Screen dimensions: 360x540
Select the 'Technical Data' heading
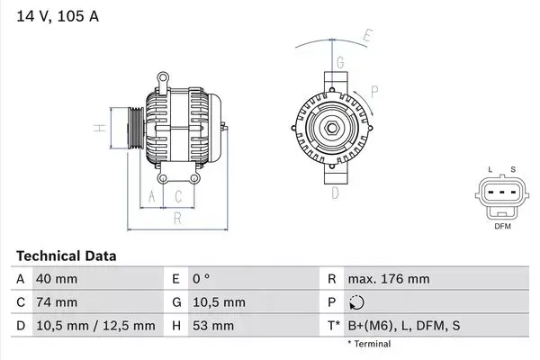[x=67, y=256]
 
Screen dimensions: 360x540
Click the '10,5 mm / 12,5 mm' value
[x=94, y=326]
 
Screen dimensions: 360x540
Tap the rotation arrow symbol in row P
[x=356, y=303]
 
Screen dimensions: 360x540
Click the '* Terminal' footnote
[x=369, y=344]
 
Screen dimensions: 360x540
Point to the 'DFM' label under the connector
[x=502, y=226]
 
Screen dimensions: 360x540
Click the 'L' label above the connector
[x=490, y=169]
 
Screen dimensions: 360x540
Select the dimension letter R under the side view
[x=178, y=217]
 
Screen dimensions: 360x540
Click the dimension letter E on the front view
[x=367, y=37]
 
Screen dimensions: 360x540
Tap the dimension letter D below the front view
[x=334, y=192]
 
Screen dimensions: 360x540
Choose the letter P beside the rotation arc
[x=374, y=90]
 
